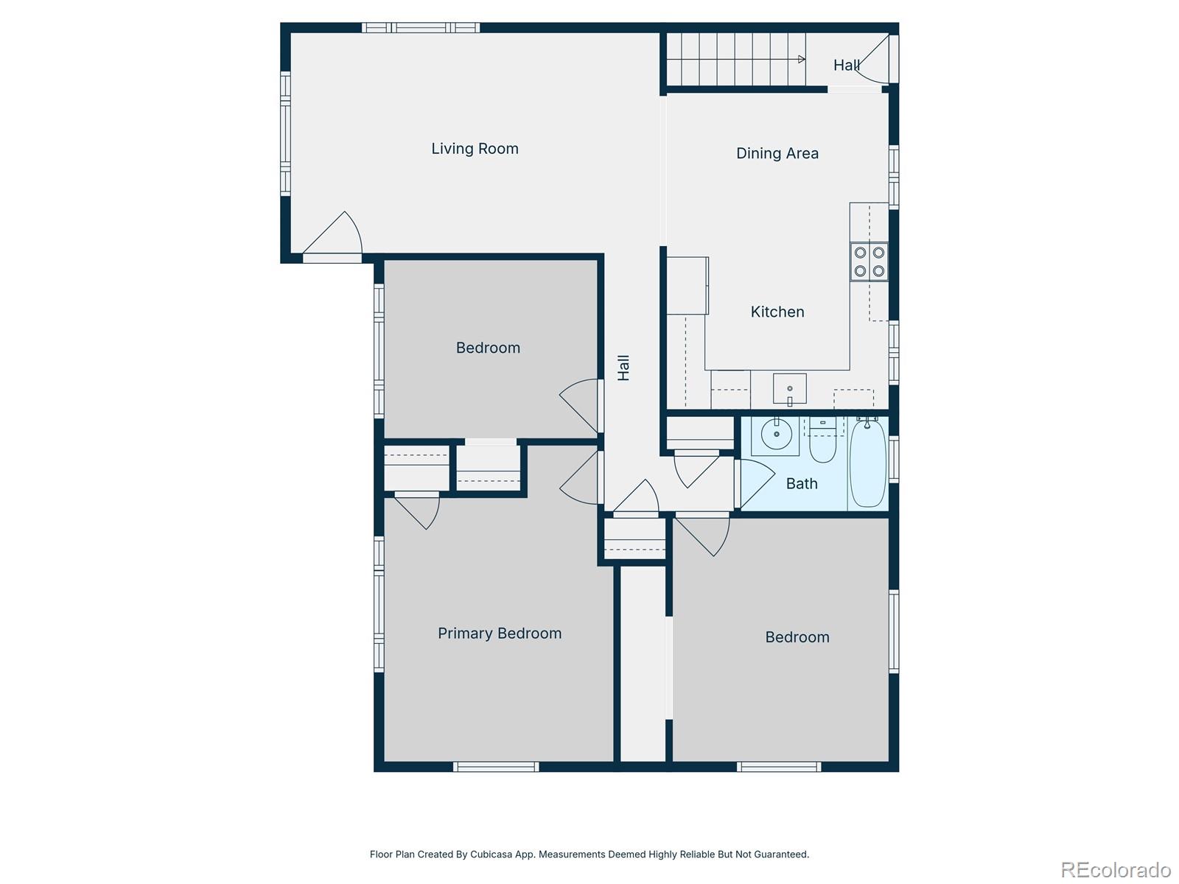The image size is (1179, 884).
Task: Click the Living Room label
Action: pyautogui.click(x=475, y=149)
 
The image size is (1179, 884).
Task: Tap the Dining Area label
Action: pyautogui.click(x=777, y=153)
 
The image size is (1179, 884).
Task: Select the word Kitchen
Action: pyautogui.click(x=777, y=312)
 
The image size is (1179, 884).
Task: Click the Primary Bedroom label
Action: pyautogui.click(x=499, y=634)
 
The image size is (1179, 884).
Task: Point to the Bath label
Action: pyautogui.click(x=801, y=484)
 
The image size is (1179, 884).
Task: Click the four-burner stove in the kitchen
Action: pyautogui.click(x=869, y=262)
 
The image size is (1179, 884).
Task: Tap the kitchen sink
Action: pyautogui.click(x=789, y=389)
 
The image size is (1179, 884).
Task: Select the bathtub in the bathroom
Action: pyautogui.click(x=868, y=463)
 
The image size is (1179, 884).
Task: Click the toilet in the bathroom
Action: pyautogui.click(x=822, y=442)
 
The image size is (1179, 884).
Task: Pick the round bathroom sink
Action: pyautogui.click(x=776, y=435)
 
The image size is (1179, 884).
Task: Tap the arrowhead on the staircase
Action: pyautogui.click(x=801, y=60)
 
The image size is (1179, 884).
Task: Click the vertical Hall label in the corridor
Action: pyautogui.click(x=623, y=368)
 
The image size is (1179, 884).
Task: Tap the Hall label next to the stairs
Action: pyautogui.click(x=846, y=66)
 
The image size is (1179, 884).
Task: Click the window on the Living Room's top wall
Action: pyautogui.click(x=421, y=28)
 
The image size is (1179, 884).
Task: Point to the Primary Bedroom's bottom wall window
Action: pyautogui.click(x=496, y=767)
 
